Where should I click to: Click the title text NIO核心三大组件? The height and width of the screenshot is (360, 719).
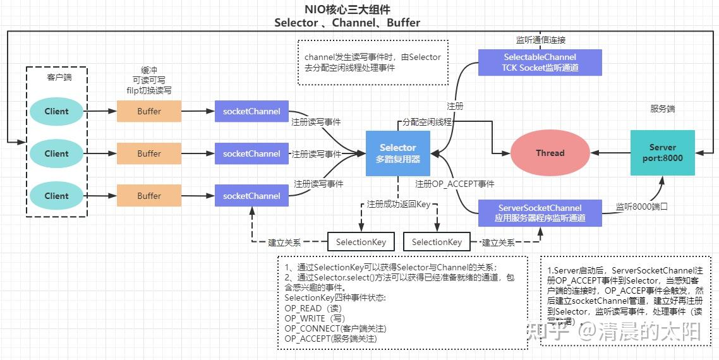pyautogui.click(x=347, y=9)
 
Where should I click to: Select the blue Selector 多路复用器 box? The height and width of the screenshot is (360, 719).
pyautogui.click(x=397, y=153)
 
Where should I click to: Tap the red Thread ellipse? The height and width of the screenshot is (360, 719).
pyautogui.click(x=550, y=153)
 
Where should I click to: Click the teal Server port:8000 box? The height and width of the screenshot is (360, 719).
pyautogui.click(x=662, y=153)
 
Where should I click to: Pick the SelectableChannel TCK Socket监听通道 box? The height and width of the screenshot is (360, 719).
pyautogui.click(x=540, y=63)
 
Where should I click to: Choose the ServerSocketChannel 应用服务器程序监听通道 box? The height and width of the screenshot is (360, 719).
pyautogui.click(x=540, y=213)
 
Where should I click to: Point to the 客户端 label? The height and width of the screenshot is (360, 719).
pyautogui.click(x=59, y=77)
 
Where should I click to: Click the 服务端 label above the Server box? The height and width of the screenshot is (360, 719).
pyautogui.click(x=662, y=109)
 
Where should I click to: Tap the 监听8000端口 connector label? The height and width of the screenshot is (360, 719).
pyautogui.click(x=641, y=206)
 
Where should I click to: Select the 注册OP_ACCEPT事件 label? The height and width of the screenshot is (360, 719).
pyautogui.click(x=454, y=184)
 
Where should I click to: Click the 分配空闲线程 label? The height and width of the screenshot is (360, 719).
pyautogui.click(x=427, y=121)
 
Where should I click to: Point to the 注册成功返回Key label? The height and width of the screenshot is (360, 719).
pyautogui.click(x=398, y=205)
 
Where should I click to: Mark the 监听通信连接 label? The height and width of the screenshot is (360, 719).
pyautogui.click(x=540, y=39)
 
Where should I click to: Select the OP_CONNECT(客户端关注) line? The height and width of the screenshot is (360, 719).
pyautogui.click(x=335, y=328)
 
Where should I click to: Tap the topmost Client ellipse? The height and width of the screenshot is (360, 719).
pyautogui.click(x=56, y=111)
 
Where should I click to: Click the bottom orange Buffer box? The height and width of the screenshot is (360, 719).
pyautogui.click(x=149, y=196)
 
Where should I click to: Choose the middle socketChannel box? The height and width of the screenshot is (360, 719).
pyautogui.click(x=251, y=153)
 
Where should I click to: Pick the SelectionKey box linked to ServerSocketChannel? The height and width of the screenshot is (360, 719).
pyautogui.click(x=437, y=242)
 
